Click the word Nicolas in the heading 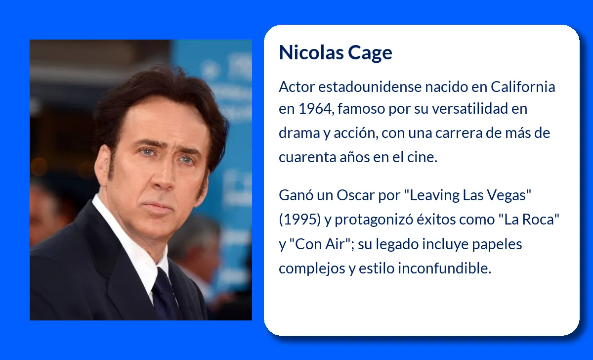[311, 52]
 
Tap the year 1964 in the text [315, 109]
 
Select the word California [523, 87]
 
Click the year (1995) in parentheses [299, 220]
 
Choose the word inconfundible [444, 268]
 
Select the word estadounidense [370, 87]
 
